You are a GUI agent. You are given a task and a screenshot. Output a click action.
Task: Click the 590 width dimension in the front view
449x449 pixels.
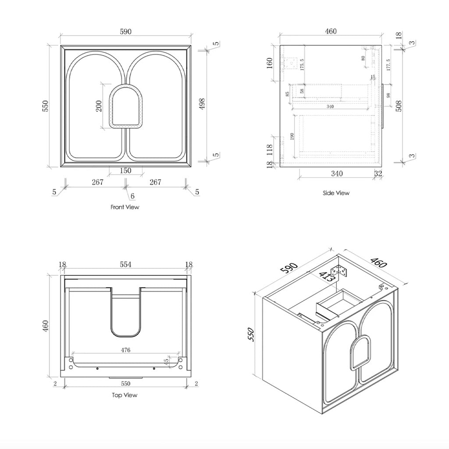[x=125, y=32]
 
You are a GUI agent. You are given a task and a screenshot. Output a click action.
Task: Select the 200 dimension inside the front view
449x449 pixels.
[x=99, y=106]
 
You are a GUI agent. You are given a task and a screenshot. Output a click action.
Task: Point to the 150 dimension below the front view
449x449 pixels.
[x=125, y=171]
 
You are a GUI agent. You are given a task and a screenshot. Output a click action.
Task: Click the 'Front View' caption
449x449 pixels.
[x=125, y=207]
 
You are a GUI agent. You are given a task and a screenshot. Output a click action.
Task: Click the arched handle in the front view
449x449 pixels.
[x=126, y=107]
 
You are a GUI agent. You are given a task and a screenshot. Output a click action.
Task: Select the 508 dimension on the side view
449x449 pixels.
[x=399, y=106]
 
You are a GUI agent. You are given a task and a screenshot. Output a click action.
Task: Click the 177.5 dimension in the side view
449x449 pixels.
[x=388, y=64]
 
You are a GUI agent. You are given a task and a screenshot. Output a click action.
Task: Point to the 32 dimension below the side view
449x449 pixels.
[x=378, y=174]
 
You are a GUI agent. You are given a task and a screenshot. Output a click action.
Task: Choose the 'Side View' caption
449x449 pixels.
[x=336, y=193]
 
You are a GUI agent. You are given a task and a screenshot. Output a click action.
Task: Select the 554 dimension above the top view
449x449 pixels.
[x=126, y=264]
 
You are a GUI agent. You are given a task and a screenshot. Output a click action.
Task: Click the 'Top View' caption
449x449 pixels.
[x=125, y=395]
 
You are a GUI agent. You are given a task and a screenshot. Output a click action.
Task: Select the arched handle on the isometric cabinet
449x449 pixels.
[x=359, y=352]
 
